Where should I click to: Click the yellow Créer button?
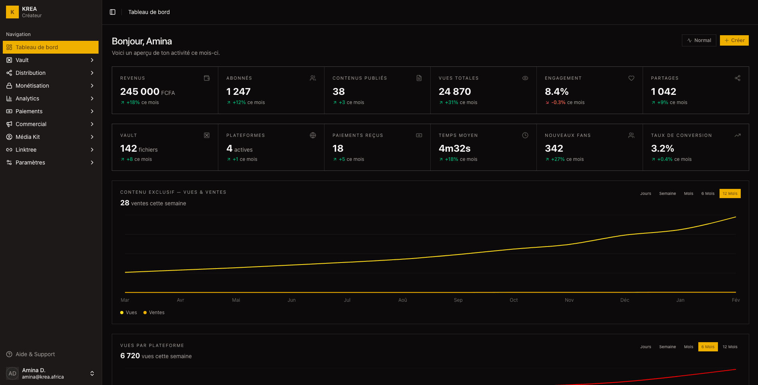(x=734, y=40)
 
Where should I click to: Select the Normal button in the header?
(x=699, y=40)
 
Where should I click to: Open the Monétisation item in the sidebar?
(x=32, y=86)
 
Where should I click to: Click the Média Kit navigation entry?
(x=28, y=137)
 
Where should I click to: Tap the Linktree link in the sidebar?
(x=26, y=150)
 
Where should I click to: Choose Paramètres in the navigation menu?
(x=30, y=162)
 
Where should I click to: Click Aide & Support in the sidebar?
(x=35, y=354)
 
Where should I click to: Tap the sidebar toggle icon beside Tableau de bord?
(x=113, y=12)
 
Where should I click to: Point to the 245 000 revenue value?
(x=140, y=92)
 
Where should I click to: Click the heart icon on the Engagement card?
(x=631, y=78)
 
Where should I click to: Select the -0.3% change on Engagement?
(x=558, y=102)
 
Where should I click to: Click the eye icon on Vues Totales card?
(x=525, y=78)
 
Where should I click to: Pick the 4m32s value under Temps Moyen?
(x=454, y=148)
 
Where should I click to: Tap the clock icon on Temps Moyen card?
(x=525, y=135)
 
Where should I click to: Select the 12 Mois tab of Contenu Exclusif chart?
(x=730, y=194)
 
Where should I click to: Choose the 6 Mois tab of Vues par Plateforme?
(x=708, y=347)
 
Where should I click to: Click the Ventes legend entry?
(x=156, y=313)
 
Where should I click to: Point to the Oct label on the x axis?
(x=514, y=300)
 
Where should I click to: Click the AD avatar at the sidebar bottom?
(x=12, y=373)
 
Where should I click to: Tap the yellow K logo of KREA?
(x=12, y=12)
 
